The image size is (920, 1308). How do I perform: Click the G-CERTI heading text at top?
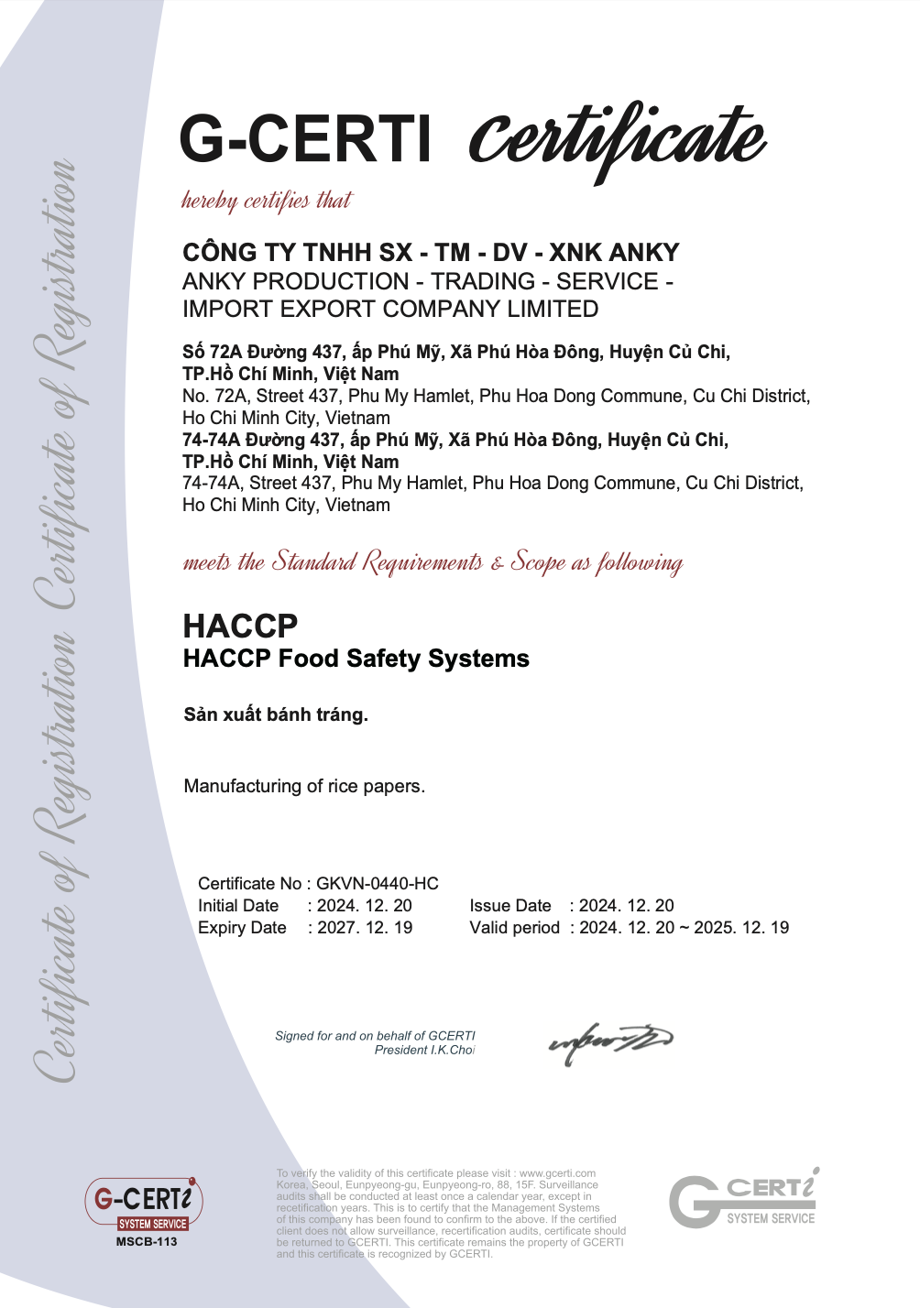[x=305, y=139]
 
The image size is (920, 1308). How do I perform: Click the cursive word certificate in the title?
[x=617, y=139]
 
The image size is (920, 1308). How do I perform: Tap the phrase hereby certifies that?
[x=266, y=201]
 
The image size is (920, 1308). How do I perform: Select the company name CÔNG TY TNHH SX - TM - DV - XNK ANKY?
[x=431, y=253]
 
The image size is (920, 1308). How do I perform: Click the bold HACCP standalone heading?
[x=240, y=627]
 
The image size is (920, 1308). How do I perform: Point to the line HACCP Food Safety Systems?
[x=356, y=659]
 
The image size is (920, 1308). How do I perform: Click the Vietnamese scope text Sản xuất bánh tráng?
[x=276, y=714]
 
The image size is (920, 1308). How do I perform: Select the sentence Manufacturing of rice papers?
[x=304, y=786]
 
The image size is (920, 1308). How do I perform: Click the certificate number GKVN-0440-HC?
[x=378, y=884]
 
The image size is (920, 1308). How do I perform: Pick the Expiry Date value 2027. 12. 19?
[x=365, y=928]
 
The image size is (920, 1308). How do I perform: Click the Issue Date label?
[x=510, y=906]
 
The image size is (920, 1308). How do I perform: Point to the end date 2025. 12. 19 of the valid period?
[x=741, y=928]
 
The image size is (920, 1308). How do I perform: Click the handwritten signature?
[x=610, y=1042]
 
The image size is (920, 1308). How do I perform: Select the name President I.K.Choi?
[x=424, y=1051]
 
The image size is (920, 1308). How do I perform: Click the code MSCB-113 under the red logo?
[x=147, y=1242]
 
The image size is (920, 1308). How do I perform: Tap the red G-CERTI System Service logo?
[x=144, y=1204]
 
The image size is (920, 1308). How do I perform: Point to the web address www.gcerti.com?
[x=557, y=1173]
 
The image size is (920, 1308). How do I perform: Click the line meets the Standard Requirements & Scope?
[x=433, y=561]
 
